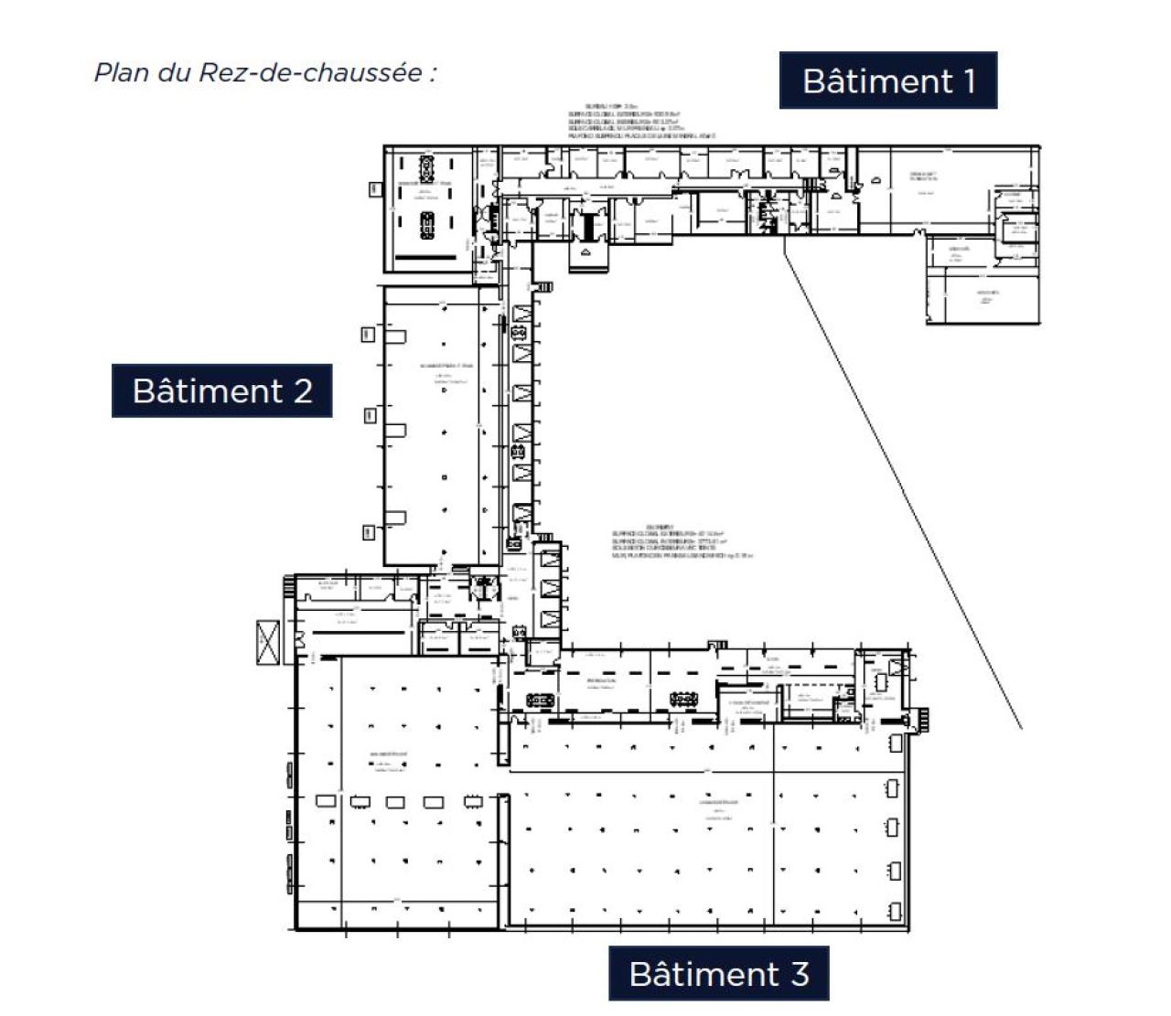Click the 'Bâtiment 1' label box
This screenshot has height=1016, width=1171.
[x=887, y=80]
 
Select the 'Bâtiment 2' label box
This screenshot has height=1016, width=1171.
[x=221, y=390]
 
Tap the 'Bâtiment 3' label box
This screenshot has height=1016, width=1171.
[x=718, y=973]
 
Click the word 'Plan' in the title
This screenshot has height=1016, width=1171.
[x=122, y=72]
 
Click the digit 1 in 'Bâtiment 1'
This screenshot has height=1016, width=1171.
[x=969, y=80]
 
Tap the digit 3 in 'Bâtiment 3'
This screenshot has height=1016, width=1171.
[x=800, y=974]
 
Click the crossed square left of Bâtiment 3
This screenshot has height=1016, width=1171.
[x=269, y=641]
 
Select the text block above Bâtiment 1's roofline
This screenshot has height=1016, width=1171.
[x=640, y=122]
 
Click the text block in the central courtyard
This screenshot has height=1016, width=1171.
[x=682, y=541]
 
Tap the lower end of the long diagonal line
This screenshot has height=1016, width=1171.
[x=1021, y=729]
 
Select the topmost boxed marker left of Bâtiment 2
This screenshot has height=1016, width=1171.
[x=369, y=334]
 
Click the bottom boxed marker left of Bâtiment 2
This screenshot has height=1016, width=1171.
[x=369, y=531]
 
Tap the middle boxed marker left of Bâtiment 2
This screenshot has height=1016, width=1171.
[x=369, y=415]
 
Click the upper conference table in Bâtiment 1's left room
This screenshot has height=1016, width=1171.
[x=427, y=169]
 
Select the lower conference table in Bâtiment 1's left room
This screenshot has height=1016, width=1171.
[x=427, y=225]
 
